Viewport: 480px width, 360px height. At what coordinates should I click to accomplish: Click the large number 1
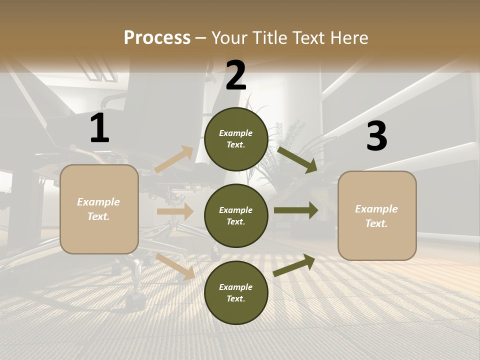point(99,128)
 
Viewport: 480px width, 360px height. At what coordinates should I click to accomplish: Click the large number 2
point(235,75)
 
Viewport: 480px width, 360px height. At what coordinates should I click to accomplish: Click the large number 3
point(376,136)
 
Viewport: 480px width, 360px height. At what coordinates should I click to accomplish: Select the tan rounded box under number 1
point(99,209)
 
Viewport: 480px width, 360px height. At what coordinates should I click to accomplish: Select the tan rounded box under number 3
point(377,215)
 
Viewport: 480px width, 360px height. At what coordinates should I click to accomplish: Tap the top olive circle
point(236,139)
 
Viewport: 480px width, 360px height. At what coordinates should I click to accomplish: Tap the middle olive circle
point(236,215)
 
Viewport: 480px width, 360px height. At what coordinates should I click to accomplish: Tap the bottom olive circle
point(236,292)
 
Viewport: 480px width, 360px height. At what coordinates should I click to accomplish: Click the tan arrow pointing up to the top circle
point(174,159)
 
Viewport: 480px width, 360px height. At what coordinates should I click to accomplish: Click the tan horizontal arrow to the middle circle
point(175,211)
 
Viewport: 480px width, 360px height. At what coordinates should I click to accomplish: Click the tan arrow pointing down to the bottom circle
point(175,266)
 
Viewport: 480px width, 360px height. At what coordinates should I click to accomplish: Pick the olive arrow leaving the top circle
point(297,159)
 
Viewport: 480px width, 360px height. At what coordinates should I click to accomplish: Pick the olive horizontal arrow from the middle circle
point(296,210)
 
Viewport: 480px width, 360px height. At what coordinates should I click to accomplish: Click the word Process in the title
point(157,37)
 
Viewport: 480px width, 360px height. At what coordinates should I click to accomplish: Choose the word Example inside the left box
point(98,202)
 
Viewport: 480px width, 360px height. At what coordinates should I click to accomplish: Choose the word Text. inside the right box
point(376,223)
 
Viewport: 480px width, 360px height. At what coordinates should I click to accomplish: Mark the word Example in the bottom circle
point(236,287)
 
